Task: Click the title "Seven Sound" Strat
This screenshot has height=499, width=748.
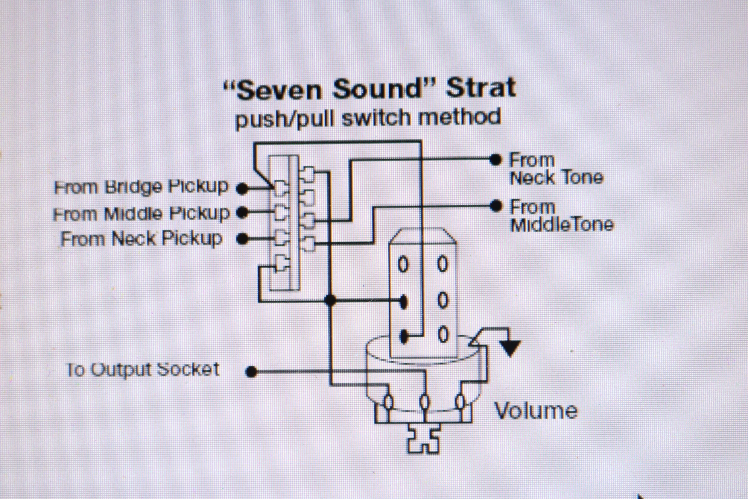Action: tap(370, 89)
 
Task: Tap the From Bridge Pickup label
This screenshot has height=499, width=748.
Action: tap(141, 187)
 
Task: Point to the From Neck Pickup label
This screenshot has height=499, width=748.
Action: tap(141, 239)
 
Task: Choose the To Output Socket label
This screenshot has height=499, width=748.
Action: tap(143, 370)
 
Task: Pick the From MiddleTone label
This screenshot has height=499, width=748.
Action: tap(562, 216)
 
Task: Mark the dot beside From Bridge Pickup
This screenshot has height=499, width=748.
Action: tap(242, 189)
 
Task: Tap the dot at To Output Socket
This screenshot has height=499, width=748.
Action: tap(252, 371)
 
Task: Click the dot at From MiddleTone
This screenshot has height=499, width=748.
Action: tap(495, 206)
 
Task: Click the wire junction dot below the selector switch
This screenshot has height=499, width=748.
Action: tap(331, 300)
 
